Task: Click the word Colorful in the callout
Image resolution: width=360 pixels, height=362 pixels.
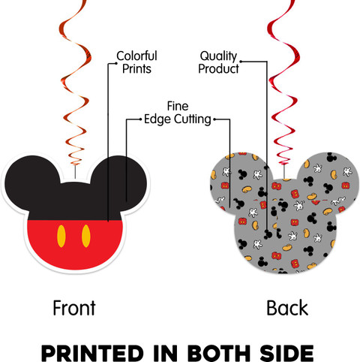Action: (x=136, y=56)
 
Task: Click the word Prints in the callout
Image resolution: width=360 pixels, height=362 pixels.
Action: (x=136, y=68)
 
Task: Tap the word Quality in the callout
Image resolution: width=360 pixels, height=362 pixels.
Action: (x=218, y=56)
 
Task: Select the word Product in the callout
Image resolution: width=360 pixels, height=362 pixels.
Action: (x=218, y=68)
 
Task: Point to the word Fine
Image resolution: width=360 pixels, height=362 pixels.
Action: (x=178, y=106)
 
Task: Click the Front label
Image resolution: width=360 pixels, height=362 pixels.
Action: (x=74, y=308)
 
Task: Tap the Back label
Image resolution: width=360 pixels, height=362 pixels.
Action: (x=287, y=308)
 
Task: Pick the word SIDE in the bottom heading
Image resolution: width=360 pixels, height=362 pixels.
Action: (x=286, y=353)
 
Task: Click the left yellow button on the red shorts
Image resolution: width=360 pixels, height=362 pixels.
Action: (x=61, y=236)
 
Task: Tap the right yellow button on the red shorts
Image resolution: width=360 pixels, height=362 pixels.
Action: (x=85, y=236)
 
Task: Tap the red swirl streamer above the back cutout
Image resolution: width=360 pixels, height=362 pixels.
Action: (x=283, y=83)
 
